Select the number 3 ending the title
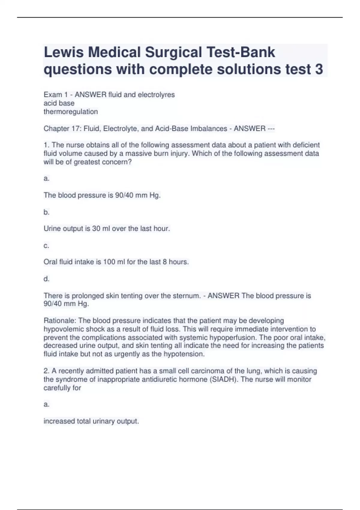tap(319, 69)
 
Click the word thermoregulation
tap(70, 112)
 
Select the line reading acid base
tap(59, 103)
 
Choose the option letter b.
tap(46, 212)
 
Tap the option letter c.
tap(46, 246)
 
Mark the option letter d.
tap(46, 279)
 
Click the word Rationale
tap(59, 321)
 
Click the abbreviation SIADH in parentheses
tap(223, 379)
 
